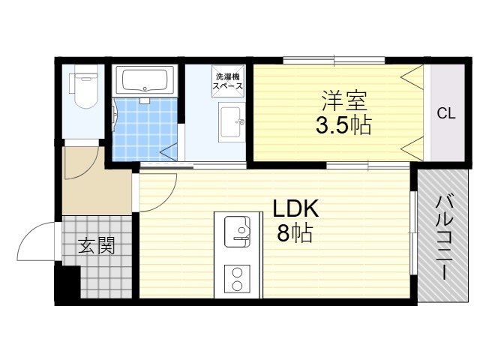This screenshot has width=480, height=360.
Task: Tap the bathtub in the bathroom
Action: click(147, 79)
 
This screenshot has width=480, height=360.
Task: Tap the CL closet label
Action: click(446, 114)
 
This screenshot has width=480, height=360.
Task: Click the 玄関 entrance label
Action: click(97, 245)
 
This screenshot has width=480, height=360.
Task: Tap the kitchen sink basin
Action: click(237, 229)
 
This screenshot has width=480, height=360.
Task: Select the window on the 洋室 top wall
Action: click(334, 60)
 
